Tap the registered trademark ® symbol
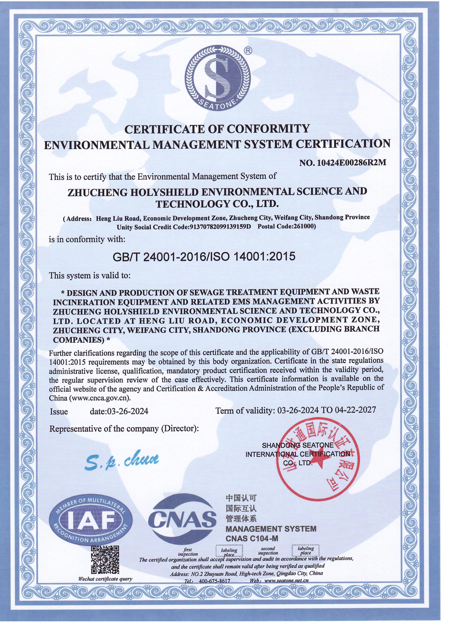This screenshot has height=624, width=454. pos(248,50)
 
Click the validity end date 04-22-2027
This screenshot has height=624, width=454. pos(355,410)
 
